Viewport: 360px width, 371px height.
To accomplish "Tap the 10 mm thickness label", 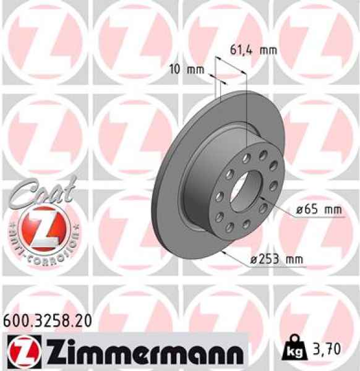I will [186, 69].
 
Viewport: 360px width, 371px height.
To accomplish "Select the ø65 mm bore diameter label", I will [319, 210].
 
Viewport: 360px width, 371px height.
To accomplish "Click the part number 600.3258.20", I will [48, 320].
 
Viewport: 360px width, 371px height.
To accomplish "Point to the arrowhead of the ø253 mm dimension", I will [222, 254].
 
